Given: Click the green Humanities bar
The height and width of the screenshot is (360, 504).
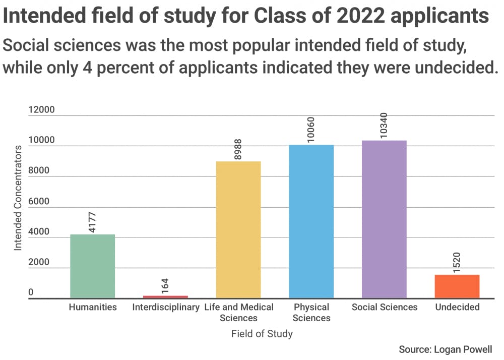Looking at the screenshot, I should coord(92,266).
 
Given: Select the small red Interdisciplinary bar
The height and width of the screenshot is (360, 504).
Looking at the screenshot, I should coord(165,296).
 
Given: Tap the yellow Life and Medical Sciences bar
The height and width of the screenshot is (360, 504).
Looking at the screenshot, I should coord(238,229).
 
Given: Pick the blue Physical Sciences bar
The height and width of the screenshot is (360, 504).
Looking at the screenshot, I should coord(311,221).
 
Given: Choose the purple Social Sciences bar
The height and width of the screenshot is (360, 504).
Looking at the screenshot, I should coord(384,219).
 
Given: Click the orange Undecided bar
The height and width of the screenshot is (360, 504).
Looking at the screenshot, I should coord(457,286).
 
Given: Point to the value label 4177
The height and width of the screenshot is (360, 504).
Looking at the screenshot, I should coord(92,221).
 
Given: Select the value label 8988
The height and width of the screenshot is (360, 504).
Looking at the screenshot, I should coord(238,150).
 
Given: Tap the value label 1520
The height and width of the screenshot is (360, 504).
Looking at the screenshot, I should coord(457,262).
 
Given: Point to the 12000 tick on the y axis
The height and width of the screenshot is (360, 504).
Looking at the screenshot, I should coord(42,110).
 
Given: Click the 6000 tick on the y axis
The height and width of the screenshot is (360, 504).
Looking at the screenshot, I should coord(39,201).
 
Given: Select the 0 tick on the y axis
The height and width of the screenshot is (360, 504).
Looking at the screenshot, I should coord(31,292).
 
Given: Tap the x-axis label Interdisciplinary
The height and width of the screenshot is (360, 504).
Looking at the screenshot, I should coord(166,307).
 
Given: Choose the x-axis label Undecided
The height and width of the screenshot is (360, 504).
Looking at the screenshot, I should coord(457,307).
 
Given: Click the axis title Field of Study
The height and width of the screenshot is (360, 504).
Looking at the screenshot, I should coord(262,334).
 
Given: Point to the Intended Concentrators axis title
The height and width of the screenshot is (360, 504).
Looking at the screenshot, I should coord(18,198).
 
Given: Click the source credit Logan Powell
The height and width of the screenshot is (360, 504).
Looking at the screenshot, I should coord(445,349).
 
